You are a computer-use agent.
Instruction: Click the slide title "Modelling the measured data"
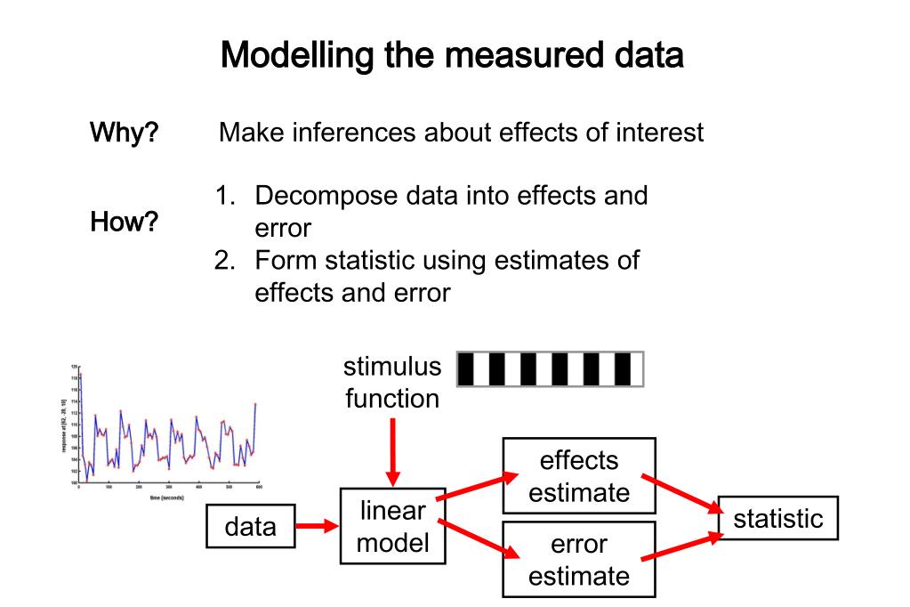452,56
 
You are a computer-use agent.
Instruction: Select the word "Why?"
124,134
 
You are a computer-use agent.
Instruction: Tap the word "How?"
124,222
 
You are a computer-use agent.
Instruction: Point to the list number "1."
228,195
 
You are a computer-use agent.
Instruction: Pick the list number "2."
228,261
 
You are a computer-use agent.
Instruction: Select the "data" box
250,527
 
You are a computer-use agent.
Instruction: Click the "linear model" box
392,526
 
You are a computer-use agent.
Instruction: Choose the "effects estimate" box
578,475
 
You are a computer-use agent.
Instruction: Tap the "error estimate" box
578,559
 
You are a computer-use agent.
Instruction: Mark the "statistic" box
777,518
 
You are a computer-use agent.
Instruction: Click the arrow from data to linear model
316,527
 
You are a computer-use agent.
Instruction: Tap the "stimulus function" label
392,382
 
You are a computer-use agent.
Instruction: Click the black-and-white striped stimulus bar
549,369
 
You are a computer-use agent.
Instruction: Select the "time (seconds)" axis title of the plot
165,498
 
